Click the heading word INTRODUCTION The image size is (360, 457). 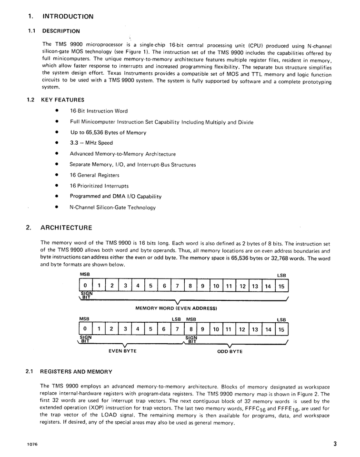[x=68, y=16]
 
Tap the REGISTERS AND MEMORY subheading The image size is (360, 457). [x=76, y=371]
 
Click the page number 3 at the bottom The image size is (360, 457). [x=335, y=444]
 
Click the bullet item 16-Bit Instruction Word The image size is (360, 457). [x=99, y=111]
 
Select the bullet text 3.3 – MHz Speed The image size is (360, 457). [x=91, y=143]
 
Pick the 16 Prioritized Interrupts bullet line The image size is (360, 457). [x=99, y=186]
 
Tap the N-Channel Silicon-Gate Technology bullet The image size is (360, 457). [x=112, y=207]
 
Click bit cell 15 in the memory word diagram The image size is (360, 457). [x=281, y=286]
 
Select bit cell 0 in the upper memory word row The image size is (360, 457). [x=85, y=286]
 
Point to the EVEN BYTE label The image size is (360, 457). [x=123, y=351]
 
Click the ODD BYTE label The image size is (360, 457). [x=230, y=351]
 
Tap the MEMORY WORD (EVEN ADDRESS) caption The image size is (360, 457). [x=176, y=308]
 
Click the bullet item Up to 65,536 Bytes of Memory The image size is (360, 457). [x=108, y=132]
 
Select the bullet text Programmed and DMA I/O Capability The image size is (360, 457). [x=116, y=196]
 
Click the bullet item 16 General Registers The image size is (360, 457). [x=94, y=175]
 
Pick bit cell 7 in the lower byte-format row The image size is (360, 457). [x=177, y=329]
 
